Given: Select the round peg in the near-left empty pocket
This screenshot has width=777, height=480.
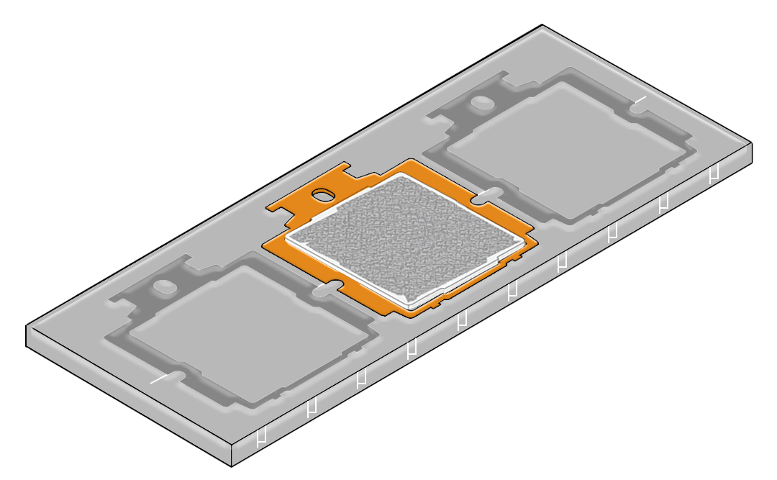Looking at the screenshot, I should (x=165, y=286).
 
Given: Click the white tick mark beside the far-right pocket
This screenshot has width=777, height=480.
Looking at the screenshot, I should (x=640, y=100).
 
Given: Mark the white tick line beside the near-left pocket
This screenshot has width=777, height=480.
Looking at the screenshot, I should (x=162, y=378).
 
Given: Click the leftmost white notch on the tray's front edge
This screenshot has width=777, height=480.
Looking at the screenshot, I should (x=262, y=436).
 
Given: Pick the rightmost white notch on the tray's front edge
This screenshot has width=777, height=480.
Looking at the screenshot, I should (x=714, y=173).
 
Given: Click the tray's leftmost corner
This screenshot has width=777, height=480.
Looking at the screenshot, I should (x=27, y=327).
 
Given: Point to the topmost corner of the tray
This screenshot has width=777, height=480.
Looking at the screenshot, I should (x=542, y=25).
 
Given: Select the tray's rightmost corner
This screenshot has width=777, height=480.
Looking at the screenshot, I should (x=753, y=143).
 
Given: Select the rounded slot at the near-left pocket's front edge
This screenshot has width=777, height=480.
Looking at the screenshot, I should (x=176, y=376).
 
